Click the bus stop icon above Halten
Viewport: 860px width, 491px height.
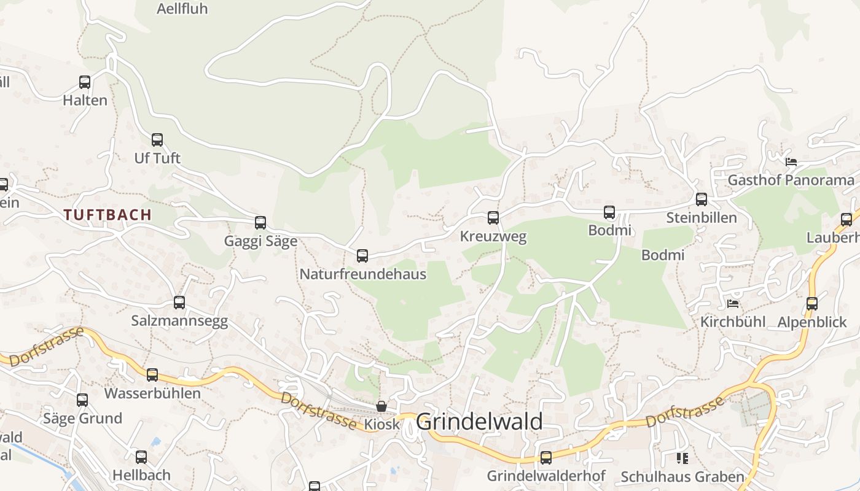pos(85,82)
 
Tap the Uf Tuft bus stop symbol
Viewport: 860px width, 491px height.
pos(157,139)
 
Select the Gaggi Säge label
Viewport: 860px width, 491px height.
pos(260,241)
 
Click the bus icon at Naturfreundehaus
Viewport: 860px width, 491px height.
pos(362,255)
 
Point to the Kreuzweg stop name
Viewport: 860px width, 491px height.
pos(493,236)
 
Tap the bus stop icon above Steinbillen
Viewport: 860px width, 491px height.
pos(701,199)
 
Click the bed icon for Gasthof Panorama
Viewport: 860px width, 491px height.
pos(791,162)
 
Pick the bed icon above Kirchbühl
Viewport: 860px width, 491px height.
pos(733,303)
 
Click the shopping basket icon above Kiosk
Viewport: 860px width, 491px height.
pos(381,406)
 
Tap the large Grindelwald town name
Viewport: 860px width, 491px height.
pos(479,422)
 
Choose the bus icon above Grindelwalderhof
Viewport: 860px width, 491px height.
pos(545,457)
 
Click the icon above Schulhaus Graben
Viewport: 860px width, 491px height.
pos(682,458)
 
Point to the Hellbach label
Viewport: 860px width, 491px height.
pos(141,475)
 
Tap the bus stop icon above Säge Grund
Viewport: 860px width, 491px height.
pos(82,400)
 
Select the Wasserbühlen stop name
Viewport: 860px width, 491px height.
pos(152,393)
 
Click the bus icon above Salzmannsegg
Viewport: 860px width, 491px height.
pos(179,302)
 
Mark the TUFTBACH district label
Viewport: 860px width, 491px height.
pos(107,215)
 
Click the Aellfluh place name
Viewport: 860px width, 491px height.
pos(182,9)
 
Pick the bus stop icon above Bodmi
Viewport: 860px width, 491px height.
pos(609,212)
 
